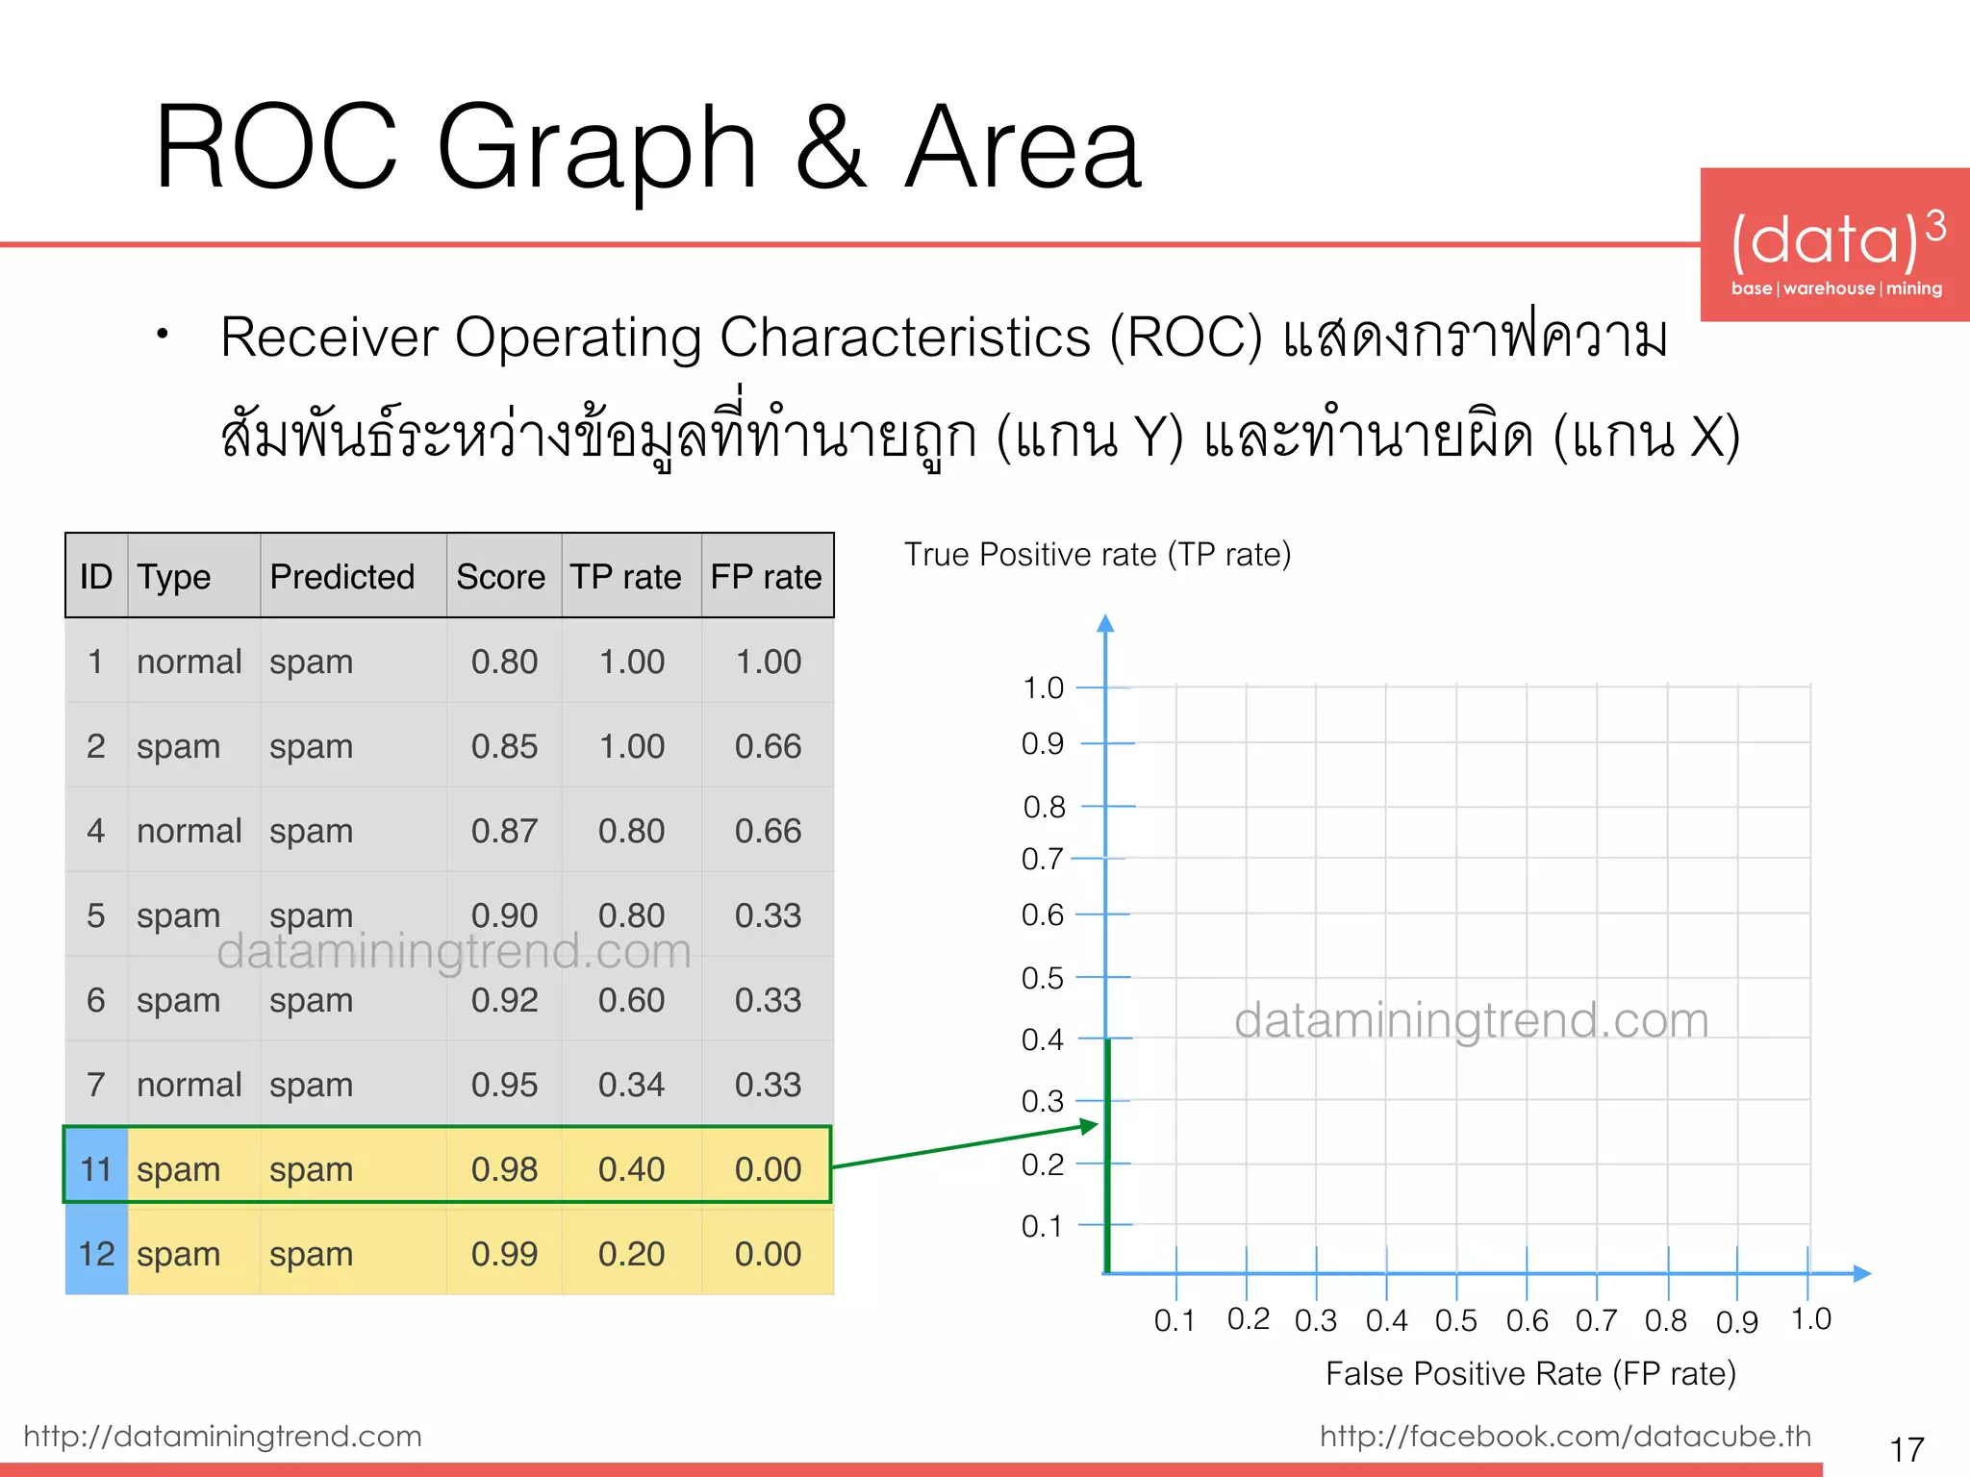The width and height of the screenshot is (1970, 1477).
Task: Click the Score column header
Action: [x=500, y=577]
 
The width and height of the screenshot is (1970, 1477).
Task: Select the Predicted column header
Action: [x=342, y=577]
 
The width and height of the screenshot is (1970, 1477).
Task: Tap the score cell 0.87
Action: [x=504, y=831]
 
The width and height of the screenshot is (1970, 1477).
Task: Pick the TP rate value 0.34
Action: [x=631, y=1085]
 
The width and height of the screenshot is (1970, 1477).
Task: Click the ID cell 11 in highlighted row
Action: [x=96, y=1169]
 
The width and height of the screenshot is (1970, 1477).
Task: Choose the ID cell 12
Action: [x=96, y=1254]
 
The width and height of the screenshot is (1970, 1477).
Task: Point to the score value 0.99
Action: [x=504, y=1254]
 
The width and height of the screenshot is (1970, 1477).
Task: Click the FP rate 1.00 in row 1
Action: [x=768, y=662]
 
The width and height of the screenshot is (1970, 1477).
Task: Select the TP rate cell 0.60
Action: [x=631, y=1000]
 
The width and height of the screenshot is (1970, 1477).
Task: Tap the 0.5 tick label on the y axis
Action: [x=1043, y=978]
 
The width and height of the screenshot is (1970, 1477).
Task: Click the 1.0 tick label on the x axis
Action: [x=1811, y=1319]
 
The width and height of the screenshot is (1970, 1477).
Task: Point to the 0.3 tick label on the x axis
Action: [x=1316, y=1321]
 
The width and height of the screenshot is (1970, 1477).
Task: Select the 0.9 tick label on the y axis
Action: [x=1043, y=743]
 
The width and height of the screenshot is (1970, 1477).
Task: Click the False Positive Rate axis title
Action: [x=1530, y=1373]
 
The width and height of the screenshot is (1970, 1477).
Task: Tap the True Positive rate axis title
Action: [x=1098, y=555]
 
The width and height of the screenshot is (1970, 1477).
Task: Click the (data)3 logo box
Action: [x=1835, y=244]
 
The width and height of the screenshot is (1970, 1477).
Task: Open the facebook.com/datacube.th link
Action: [x=1565, y=1436]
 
